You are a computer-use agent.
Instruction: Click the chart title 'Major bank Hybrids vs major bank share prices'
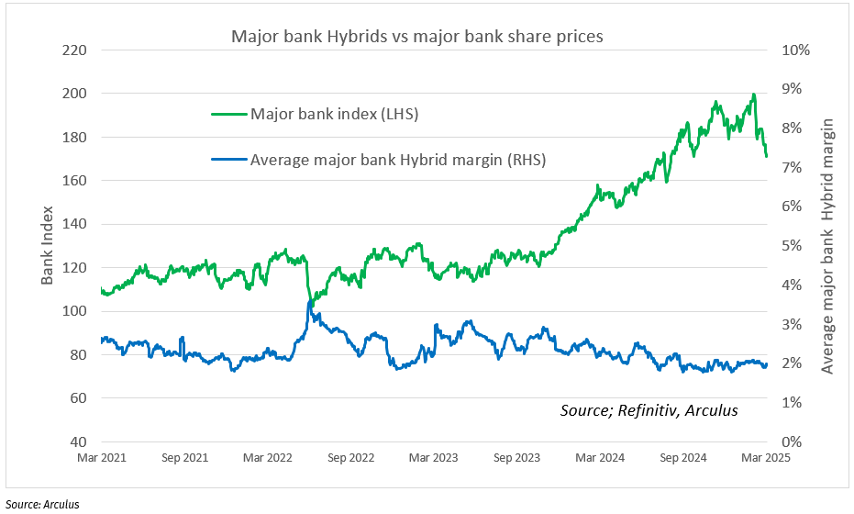point(417,37)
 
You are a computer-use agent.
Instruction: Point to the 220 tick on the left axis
point(73,50)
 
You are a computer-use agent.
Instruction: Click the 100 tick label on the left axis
point(73,311)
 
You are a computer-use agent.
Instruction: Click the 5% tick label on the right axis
point(794,246)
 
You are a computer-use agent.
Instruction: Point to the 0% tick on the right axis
point(794,441)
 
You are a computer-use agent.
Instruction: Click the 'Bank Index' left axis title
point(49,245)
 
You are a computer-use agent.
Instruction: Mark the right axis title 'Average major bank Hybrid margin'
point(827,245)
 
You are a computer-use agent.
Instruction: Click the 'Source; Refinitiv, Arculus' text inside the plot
point(649,410)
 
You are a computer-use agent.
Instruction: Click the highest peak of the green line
point(753,95)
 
